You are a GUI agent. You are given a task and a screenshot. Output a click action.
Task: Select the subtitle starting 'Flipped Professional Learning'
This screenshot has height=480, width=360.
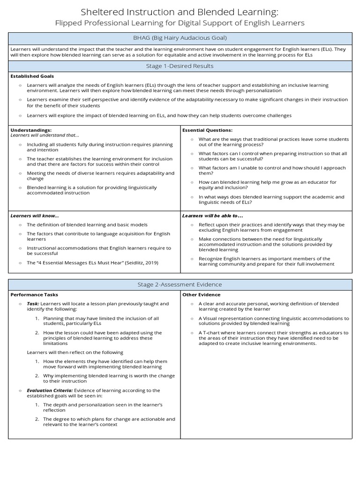click(x=180, y=22)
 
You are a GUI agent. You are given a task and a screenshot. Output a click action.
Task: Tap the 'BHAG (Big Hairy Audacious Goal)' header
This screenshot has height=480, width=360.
click(x=180, y=38)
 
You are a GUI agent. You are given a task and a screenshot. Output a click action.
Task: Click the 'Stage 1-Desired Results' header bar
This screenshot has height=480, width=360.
click(x=180, y=66)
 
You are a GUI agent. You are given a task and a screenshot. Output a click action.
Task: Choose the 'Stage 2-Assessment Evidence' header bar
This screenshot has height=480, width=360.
click(x=180, y=285)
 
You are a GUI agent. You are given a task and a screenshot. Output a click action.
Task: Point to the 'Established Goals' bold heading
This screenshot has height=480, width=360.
click(x=32, y=76)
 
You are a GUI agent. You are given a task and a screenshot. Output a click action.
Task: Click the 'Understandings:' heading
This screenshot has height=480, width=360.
click(x=31, y=130)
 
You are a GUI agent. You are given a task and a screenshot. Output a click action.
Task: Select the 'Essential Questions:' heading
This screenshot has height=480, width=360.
click(x=207, y=130)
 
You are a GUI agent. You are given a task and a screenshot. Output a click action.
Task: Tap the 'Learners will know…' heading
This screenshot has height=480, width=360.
click(x=35, y=216)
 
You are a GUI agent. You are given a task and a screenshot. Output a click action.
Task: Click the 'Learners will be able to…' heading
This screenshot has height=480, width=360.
click(x=212, y=216)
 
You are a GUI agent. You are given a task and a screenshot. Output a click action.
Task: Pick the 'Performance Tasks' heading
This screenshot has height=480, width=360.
click(x=34, y=295)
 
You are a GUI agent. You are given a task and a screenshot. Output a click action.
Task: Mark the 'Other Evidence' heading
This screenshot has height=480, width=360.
click(x=201, y=295)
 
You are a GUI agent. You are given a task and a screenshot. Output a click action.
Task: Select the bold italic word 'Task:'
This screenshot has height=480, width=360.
click(x=33, y=304)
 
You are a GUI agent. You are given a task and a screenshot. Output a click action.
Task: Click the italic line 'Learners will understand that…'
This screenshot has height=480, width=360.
click(x=45, y=135)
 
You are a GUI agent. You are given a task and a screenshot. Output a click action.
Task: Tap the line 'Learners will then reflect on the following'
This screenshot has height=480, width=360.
click(x=75, y=352)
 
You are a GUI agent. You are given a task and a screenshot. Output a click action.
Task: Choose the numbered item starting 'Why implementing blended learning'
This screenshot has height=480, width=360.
click(x=109, y=378)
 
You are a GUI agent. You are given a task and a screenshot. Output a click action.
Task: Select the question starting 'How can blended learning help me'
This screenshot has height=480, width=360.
click(x=267, y=185)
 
